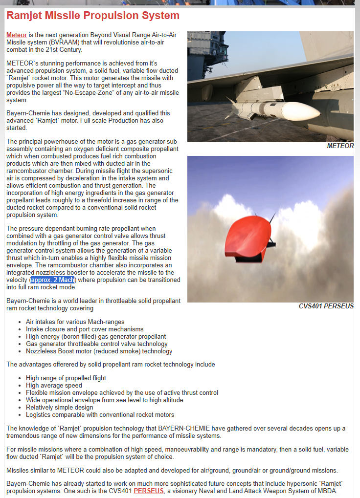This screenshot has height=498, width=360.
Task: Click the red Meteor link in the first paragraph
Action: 17,35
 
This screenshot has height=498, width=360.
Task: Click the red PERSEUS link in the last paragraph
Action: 149,491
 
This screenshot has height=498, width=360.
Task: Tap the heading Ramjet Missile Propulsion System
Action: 93,16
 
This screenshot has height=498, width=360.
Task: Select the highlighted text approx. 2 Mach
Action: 53,280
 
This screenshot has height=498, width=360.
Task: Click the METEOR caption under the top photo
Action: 340,146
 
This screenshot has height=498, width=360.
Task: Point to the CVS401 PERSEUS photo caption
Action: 326,306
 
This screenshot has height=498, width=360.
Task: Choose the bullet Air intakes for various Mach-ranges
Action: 75,322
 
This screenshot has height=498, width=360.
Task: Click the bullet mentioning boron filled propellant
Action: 96,337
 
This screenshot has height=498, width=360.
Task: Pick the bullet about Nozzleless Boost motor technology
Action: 99,351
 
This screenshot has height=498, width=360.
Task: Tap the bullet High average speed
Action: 54,386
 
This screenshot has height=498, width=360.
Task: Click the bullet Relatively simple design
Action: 59,408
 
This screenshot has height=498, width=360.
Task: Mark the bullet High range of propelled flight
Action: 66,378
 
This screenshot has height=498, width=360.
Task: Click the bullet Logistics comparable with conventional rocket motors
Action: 100,415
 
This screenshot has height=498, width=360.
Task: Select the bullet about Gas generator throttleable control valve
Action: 97,344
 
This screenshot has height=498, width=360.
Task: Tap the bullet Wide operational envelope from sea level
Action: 104,400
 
